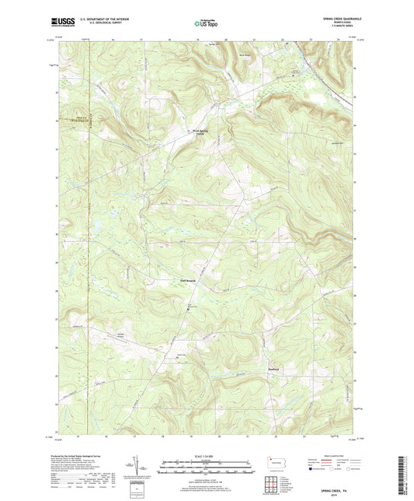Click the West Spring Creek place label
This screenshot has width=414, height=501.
click(x=202, y=132)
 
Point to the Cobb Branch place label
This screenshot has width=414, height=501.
click(x=179, y=280)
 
